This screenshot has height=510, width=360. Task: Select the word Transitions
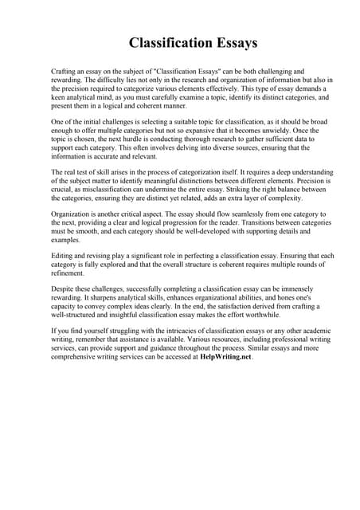click(x=252, y=225)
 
